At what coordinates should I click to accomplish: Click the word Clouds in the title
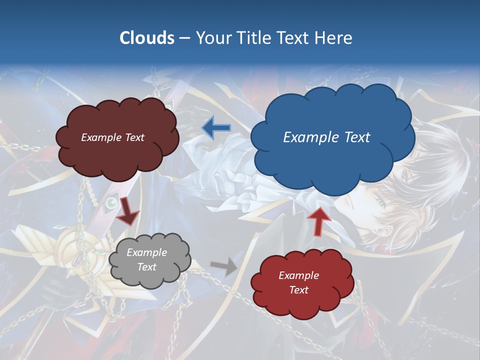(x=147, y=38)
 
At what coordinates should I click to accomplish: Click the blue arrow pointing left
(x=216, y=128)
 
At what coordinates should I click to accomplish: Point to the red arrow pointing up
(x=318, y=220)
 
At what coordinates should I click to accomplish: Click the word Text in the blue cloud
(x=356, y=137)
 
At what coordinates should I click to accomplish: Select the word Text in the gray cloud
(x=147, y=267)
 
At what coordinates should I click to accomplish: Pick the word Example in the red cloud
(x=298, y=275)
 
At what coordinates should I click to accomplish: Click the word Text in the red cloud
(x=298, y=290)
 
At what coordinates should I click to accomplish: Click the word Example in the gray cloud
(x=147, y=252)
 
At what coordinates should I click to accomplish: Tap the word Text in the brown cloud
(x=134, y=137)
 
